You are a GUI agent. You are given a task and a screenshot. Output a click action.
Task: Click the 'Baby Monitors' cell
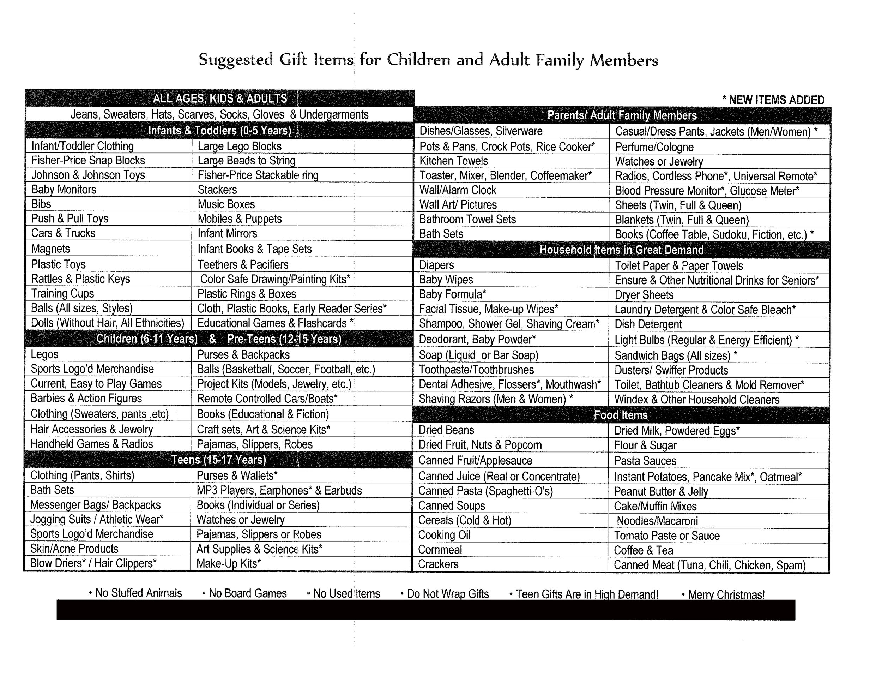click(64, 190)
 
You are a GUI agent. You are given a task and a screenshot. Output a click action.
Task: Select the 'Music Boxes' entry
click(226, 204)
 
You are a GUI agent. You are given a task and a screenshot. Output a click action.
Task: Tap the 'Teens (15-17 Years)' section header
click(218, 460)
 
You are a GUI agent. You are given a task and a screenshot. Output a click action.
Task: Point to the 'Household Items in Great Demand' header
click(622, 250)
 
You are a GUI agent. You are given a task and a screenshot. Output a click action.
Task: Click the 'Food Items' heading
click(621, 415)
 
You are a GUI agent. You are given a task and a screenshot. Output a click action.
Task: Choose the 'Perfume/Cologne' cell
click(654, 147)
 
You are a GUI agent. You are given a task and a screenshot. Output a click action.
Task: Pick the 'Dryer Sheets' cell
click(644, 295)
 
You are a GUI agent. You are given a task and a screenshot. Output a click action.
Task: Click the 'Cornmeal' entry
click(440, 550)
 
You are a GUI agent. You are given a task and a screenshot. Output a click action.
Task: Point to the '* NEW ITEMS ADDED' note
click(773, 100)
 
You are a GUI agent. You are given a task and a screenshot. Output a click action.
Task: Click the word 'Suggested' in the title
click(236, 59)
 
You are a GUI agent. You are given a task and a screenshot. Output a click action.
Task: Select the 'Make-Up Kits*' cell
click(229, 564)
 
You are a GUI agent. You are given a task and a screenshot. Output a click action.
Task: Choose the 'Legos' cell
click(44, 354)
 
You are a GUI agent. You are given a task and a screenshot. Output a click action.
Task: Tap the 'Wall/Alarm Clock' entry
click(458, 190)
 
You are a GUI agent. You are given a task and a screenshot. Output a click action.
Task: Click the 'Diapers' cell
click(436, 265)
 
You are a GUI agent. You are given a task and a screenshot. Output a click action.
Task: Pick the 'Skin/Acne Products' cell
click(74, 549)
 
